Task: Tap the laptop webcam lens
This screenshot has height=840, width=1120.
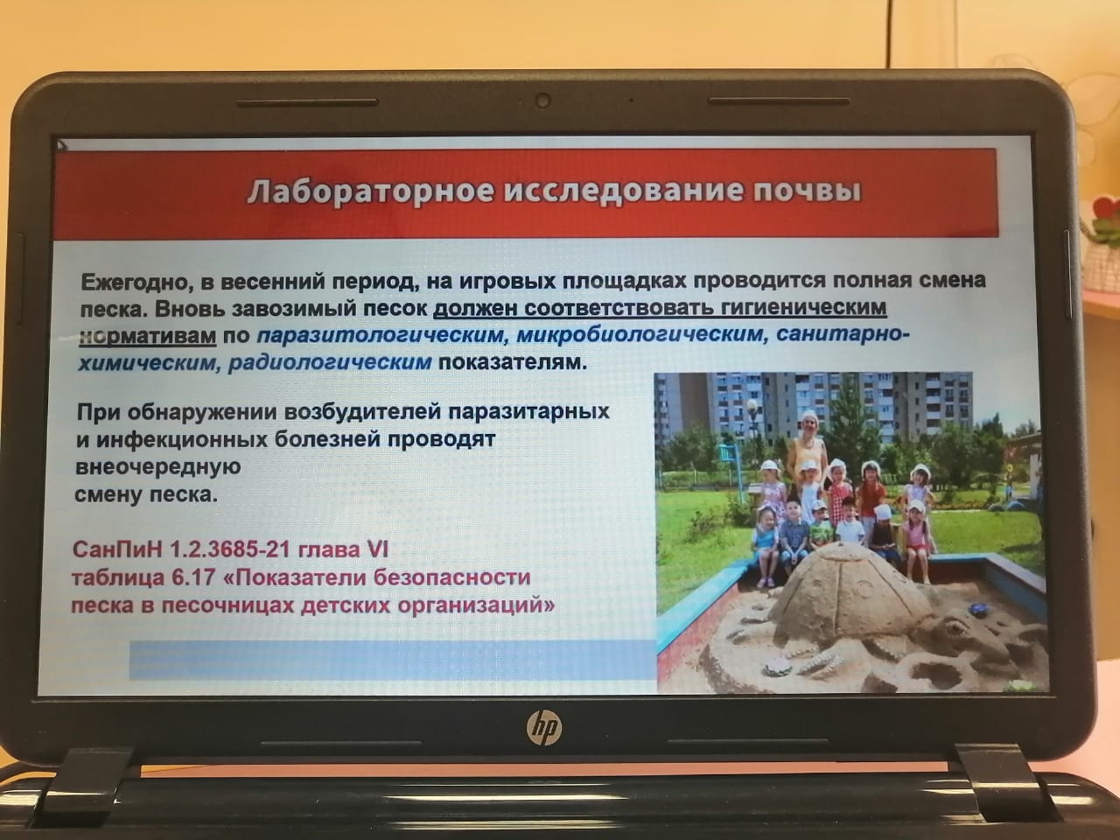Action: coord(542,101)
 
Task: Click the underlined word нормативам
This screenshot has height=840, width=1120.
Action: coord(148,337)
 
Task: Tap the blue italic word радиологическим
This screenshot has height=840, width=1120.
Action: coord(330,363)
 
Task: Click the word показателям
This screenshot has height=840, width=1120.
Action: coord(510,362)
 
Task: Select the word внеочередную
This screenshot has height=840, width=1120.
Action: coord(157,467)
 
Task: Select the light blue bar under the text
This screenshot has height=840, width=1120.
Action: coord(392,661)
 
